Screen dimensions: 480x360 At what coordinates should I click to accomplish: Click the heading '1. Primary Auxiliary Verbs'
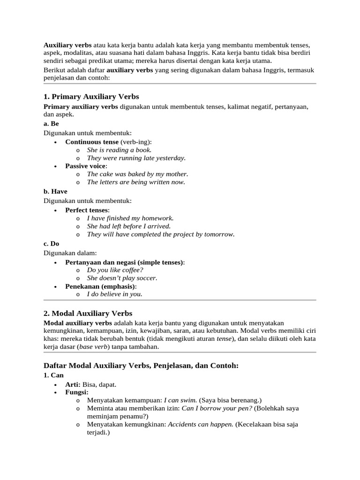tap(91, 97)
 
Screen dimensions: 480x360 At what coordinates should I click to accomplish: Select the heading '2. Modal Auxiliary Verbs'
tap(88, 313)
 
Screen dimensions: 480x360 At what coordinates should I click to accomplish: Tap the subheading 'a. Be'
tap(51, 124)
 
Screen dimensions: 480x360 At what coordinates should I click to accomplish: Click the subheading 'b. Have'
tap(55, 191)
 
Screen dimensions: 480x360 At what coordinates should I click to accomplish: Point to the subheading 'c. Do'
tap(52, 244)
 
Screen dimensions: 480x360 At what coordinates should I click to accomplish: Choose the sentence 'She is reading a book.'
tap(119, 150)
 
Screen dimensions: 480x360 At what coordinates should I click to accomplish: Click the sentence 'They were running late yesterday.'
tap(136, 158)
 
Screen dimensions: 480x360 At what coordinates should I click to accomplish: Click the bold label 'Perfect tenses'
tap(87, 210)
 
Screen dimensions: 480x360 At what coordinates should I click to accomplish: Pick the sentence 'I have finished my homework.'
tap(130, 218)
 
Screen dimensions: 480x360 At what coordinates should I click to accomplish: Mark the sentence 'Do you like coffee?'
tap(115, 270)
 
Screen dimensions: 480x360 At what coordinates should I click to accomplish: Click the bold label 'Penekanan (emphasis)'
tap(100, 286)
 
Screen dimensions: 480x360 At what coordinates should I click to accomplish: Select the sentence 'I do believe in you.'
tap(114, 294)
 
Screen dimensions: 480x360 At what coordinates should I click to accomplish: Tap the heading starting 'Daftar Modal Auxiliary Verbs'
tap(141, 365)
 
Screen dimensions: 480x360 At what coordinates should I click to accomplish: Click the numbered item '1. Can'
tap(53, 375)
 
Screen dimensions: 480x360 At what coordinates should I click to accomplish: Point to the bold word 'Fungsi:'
tap(77, 392)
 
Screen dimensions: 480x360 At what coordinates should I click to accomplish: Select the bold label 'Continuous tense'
tap(92, 142)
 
